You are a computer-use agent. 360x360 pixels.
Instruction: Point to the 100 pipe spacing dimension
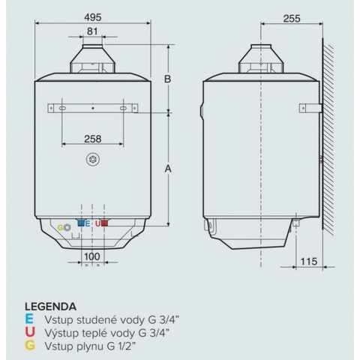click(x=91, y=256)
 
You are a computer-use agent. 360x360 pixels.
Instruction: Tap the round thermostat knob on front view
click(x=92, y=159)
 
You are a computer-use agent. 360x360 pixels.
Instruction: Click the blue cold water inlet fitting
click(x=81, y=223)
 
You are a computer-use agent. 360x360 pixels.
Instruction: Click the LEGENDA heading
click(x=49, y=306)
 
